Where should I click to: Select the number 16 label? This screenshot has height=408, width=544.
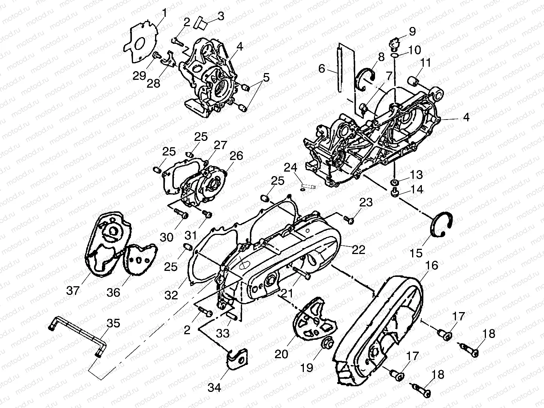[432, 265]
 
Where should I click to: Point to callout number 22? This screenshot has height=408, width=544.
[358, 250]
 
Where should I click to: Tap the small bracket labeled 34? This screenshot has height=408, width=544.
[235, 358]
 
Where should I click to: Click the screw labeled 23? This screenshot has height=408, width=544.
[349, 220]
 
